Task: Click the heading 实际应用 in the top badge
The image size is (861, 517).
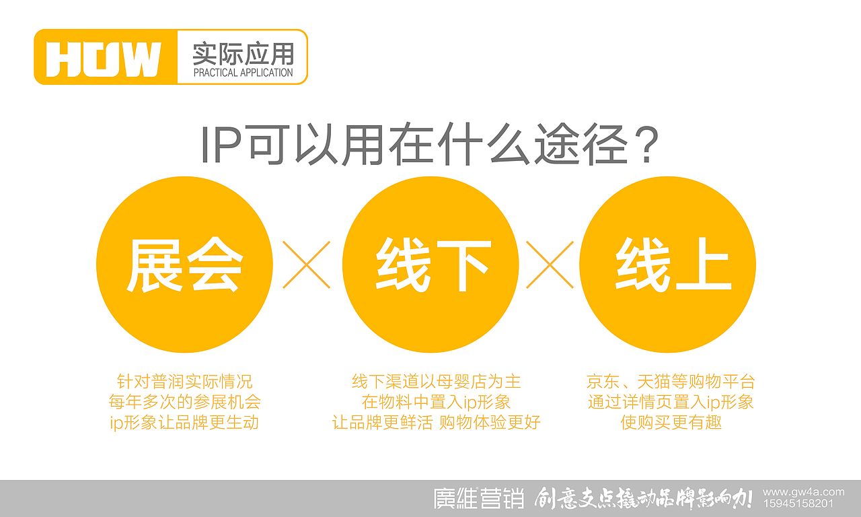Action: pos(243,53)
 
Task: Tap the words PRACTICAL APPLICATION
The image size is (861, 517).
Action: pos(243,72)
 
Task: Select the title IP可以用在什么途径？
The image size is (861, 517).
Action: pos(429,145)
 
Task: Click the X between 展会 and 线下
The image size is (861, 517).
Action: pos(307,265)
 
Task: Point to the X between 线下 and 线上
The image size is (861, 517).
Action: pos(550,265)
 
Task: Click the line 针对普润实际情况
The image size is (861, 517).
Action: pos(184,382)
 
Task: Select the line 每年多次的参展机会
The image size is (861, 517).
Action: pos(184,403)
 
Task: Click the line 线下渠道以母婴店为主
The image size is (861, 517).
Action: pos(436,382)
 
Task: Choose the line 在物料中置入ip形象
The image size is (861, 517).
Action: pos(436,403)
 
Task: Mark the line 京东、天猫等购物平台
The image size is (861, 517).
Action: pos(671,382)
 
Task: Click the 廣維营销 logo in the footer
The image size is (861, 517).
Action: pos(478,499)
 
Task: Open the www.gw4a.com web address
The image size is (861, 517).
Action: pos(803,492)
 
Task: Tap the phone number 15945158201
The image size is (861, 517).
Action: pos(798,504)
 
